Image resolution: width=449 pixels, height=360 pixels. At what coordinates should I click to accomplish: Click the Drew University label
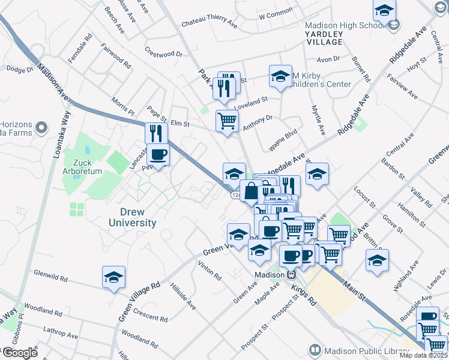click(130, 218)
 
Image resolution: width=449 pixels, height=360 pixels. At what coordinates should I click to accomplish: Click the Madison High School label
click(343, 25)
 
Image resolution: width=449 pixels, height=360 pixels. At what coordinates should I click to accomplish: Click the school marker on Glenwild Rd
click(113, 277)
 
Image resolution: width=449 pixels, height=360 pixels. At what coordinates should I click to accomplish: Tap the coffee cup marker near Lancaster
click(158, 155)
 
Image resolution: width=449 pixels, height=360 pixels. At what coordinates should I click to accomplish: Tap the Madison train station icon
click(291, 274)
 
